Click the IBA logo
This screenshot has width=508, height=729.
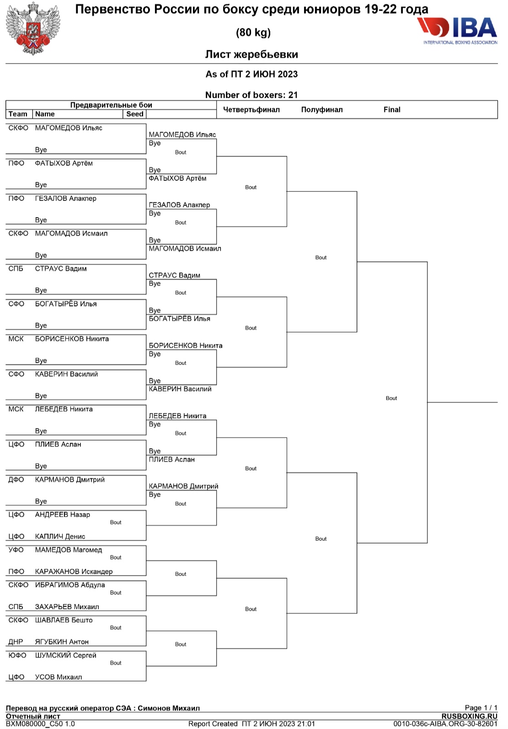pos(457,30)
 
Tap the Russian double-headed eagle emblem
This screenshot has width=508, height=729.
pos(33,28)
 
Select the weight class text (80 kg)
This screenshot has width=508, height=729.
pos(253,32)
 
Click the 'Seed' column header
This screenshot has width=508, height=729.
pos(134,114)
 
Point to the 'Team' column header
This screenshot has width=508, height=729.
pos(18,114)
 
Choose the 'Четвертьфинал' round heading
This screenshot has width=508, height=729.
pos(251,110)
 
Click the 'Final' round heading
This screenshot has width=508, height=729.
pos(392,110)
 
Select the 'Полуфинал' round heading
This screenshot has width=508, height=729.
pos(321,110)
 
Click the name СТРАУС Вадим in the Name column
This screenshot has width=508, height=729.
pos(61,269)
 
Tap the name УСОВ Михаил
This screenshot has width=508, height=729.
pos(59,677)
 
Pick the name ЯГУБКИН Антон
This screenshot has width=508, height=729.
pos(62,642)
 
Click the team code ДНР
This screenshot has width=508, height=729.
pos(16,642)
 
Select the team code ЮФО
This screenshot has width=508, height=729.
pos(17,655)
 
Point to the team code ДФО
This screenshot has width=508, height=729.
pos(16,480)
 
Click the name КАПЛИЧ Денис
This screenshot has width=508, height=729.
pos(60,536)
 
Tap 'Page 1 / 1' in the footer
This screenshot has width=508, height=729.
pos(481,708)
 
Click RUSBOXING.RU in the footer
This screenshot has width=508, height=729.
pos(469,716)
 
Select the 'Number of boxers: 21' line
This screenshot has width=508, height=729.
pos(251,95)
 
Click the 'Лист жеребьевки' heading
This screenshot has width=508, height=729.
pos(251,54)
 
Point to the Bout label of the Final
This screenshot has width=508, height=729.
pos(391,398)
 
